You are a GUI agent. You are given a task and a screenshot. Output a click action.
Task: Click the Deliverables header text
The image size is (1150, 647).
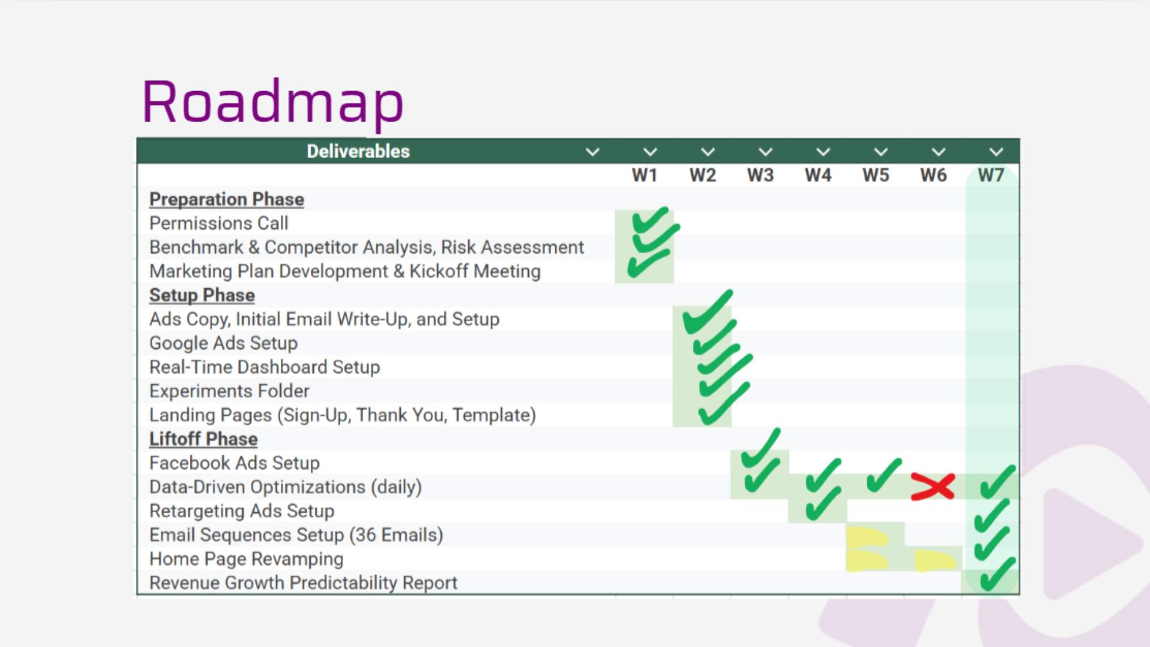358,152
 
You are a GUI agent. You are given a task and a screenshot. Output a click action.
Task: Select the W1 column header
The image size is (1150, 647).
644,176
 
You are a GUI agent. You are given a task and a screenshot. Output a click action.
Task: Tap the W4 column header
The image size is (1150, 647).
818,176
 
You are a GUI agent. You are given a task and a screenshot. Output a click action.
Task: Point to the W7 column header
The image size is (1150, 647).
991,176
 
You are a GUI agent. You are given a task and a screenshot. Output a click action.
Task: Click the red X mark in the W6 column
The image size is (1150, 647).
933,486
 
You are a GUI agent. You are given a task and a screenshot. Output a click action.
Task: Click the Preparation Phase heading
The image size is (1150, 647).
226,199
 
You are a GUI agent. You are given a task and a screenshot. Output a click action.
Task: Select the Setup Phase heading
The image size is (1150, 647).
202,295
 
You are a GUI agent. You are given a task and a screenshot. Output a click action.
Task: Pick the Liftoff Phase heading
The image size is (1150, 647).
203,439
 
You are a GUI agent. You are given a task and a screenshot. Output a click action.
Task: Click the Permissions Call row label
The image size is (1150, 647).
219,223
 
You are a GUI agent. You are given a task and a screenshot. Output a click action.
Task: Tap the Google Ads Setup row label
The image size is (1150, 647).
223,343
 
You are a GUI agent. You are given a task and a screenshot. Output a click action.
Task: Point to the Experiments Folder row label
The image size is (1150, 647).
229,391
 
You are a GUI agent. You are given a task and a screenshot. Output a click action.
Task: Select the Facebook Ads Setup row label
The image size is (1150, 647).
234,463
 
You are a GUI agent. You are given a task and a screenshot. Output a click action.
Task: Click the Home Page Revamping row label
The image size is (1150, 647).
246,559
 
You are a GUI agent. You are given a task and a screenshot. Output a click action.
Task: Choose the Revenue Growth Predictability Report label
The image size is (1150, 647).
303,583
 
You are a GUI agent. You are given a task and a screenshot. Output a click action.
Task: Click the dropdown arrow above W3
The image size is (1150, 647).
765,152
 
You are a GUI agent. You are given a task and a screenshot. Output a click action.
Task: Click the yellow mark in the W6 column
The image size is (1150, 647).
934,561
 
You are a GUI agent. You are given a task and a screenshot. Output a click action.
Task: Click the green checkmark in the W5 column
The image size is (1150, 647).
883,476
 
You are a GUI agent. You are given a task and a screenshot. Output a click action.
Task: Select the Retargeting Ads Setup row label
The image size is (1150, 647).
241,511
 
